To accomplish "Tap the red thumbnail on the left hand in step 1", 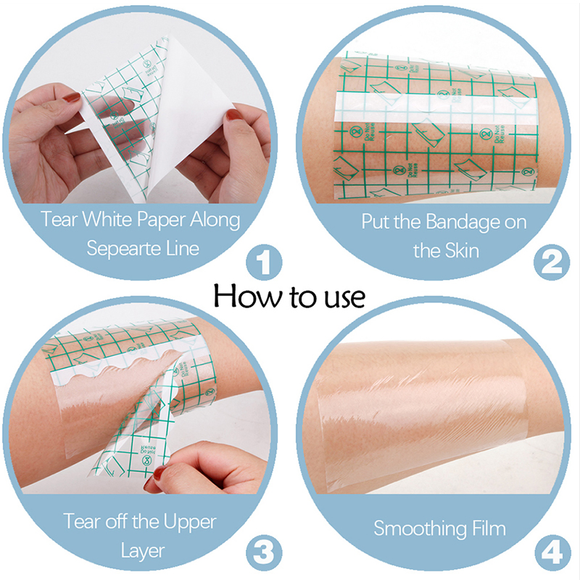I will click(x=71, y=98).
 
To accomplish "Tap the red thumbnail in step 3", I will click(x=158, y=473).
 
